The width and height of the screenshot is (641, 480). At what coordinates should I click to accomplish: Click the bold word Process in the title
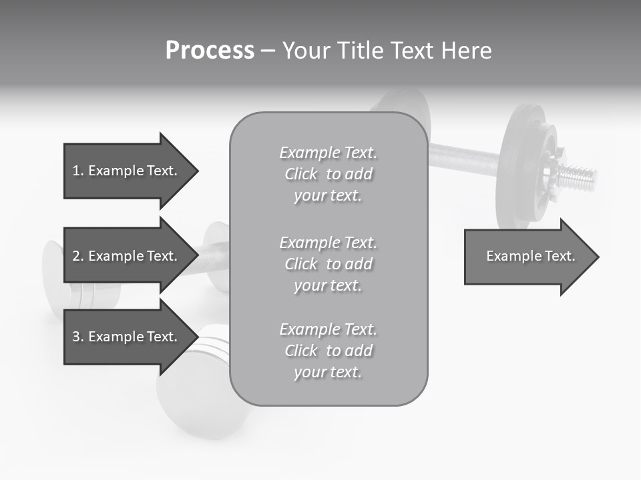pyautogui.click(x=210, y=51)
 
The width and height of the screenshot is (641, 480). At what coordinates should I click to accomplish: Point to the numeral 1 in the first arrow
pyautogui.click(x=76, y=171)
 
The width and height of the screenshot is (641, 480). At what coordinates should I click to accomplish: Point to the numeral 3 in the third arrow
pyautogui.click(x=76, y=337)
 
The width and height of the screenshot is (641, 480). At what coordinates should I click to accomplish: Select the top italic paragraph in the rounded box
pyautogui.click(x=328, y=174)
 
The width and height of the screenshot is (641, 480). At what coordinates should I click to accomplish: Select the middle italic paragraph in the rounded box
pyautogui.click(x=328, y=264)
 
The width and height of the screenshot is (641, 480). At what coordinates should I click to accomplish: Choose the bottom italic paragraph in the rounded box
pyautogui.click(x=328, y=351)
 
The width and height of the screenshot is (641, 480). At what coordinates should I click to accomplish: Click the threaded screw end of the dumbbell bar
pyautogui.click(x=577, y=177)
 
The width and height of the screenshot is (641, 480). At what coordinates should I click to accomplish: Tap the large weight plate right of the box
pyautogui.click(x=524, y=160)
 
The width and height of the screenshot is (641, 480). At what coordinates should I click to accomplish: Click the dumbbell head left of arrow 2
pyautogui.click(x=53, y=273)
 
